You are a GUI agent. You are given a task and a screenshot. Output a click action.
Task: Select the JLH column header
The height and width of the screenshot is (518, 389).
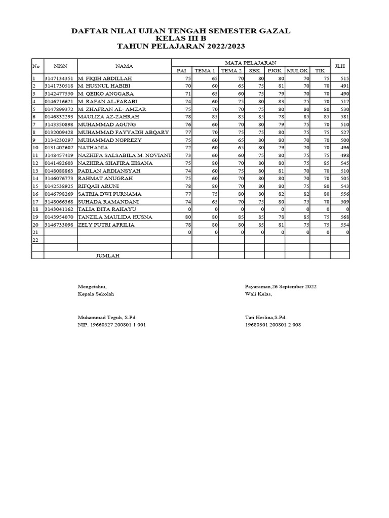click(x=339, y=66)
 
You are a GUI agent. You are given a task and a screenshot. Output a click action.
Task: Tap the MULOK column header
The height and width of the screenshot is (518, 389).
click(x=297, y=71)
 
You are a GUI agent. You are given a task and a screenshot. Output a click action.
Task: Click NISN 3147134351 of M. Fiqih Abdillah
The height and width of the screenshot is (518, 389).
click(x=59, y=78)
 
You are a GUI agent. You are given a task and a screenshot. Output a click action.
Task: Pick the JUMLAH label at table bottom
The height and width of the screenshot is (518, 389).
click(x=107, y=256)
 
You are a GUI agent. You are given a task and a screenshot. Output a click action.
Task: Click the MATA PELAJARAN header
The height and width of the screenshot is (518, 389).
click(x=251, y=62)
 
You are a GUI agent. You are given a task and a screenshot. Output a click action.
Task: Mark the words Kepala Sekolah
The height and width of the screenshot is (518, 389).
click(x=95, y=294)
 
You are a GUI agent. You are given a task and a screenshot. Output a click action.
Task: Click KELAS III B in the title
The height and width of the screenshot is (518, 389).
click(x=181, y=38)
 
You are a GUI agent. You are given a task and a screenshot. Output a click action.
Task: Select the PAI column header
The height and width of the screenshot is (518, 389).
click(x=181, y=71)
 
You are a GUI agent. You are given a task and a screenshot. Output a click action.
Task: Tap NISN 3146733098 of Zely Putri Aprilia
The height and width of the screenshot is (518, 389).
click(x=59, y=225)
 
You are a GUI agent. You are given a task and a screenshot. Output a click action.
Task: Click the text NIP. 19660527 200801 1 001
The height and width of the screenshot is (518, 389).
click(x=111, y=325)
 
